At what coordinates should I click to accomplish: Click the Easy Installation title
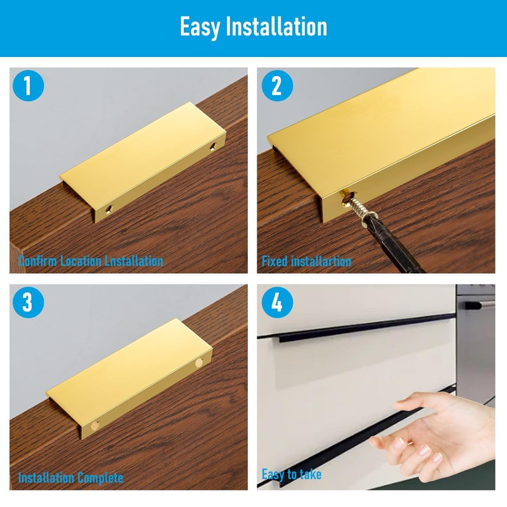click(x=253, y=27)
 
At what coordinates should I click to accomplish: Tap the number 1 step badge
click(x=27, y=86)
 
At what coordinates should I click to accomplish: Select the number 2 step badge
click(x=276, y=86)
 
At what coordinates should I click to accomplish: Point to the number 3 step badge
click(x=27, y=303)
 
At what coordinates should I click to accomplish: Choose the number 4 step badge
click(x=276, y=303)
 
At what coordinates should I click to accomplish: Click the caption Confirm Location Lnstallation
click(x=91, y=260)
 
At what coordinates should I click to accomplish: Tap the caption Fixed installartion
click(x=307, y=260)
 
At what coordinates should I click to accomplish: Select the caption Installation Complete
click(x=70, y=478)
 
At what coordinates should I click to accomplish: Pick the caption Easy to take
click(x=292, y=474)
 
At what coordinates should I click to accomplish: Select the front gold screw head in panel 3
click(x=96, y=424)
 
